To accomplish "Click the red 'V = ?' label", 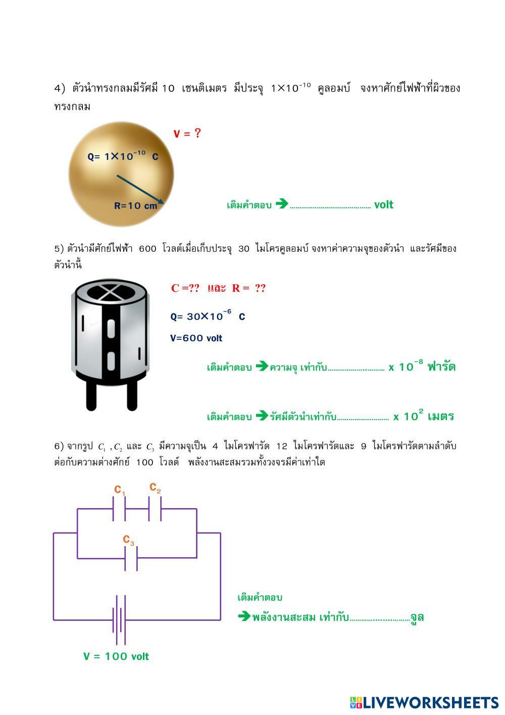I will pyautogui.click(x=187, y=133).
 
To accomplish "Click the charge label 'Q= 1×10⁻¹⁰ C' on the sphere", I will pyautogui.click(x=123, y=156).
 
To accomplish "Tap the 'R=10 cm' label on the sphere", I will pyautogui.click(x=135, y=206).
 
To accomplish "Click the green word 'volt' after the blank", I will pyautogui.click(x=383, y=205).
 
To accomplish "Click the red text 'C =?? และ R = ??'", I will pyautogui.click(x=218, y=288).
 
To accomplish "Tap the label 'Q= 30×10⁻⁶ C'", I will pyautogui.click(x=208, y=317).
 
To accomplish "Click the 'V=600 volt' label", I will pyautogui.click(x=196, y=338).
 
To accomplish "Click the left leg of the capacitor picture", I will pyautogui.click(x=91, y=394).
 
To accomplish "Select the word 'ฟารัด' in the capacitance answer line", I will pyautogui.click(x=441, y=367).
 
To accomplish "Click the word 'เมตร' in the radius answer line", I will pyautogui.click(x=440, y=417).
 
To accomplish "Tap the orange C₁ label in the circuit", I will pyautogui.click(x=120, y=490).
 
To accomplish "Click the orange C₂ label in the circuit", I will pyautogui.click(x=155, y=487).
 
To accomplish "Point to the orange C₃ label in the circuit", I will pyautogui.click(x=129, y=540).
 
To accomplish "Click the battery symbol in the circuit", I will pyautogui.click(x=119, y=619).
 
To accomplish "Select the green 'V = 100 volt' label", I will pyautogui.click(x=116, y=656).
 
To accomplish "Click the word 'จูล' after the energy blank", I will pyautogui.click(x=417, y=617).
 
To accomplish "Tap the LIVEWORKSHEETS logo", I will pyautogui.click(x=424, y=702).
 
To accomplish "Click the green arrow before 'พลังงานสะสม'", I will pyautogui.click(x=244, y=616).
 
